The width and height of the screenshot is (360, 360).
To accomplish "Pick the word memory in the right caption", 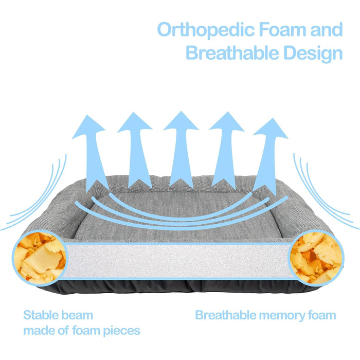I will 278,315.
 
